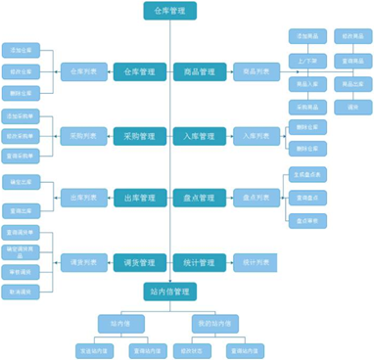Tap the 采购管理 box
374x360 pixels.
139,136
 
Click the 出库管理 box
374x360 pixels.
139,198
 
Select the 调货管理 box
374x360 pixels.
139,262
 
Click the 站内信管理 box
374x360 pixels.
169,291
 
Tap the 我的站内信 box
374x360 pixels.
214,322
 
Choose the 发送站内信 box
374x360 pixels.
94,348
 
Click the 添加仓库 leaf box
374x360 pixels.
21,49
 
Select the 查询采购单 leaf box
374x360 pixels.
21,156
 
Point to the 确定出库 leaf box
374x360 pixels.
21,182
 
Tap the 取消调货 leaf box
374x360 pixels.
21,292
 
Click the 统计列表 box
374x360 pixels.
257,262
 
